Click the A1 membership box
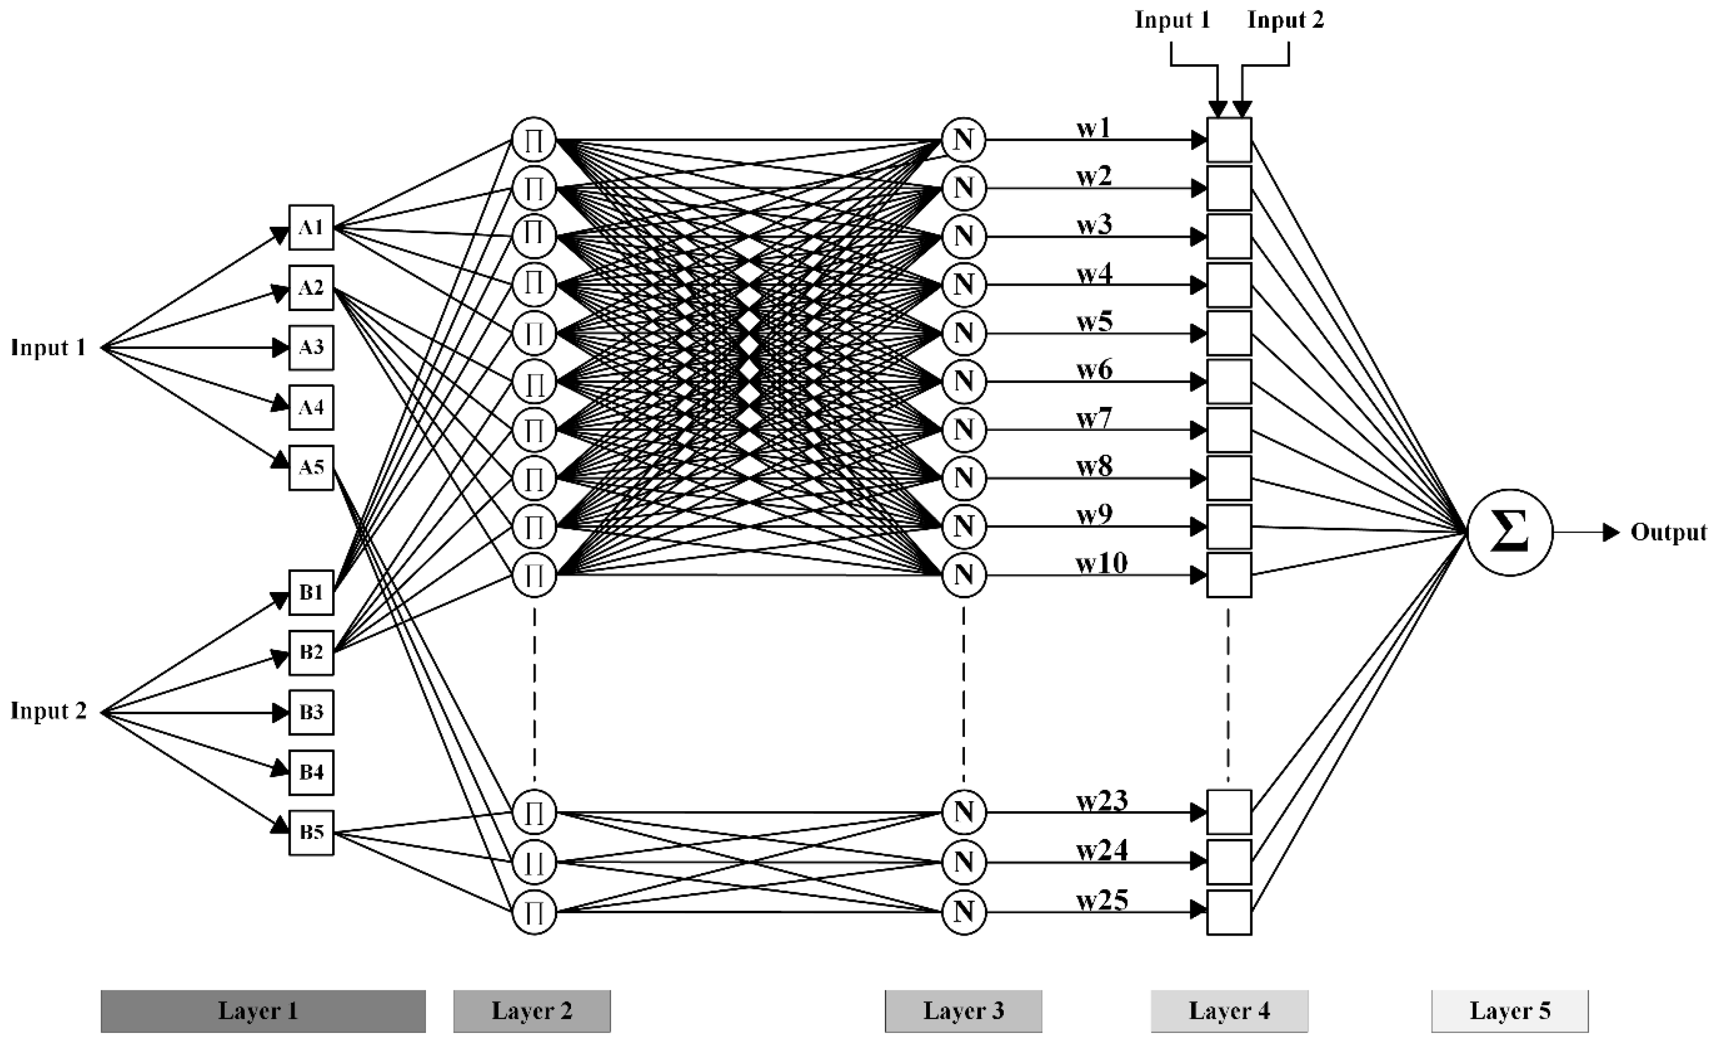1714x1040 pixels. [x=311, y=227]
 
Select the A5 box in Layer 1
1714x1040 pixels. [x=311, y=468]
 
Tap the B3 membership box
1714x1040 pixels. [x=311, y=712]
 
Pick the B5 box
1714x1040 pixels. [x=311, y=833]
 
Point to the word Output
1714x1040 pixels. [x=1668, y=533]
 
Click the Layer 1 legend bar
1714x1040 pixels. [x=263, y=1011]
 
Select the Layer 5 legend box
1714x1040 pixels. [x=1510, y=1011]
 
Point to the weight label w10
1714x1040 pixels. [x=1101, y=563]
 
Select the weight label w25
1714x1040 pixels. [x=1102, y=901]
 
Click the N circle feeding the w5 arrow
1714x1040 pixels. [x=963, y=333]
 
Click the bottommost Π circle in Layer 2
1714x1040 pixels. [x=534, y=912]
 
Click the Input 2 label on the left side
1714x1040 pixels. [x=48, y=711]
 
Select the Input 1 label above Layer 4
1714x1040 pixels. [x=1172, y=20]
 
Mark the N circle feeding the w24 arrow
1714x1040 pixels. [x=963, y=862]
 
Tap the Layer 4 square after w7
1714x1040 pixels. [x=1229, y=430]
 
